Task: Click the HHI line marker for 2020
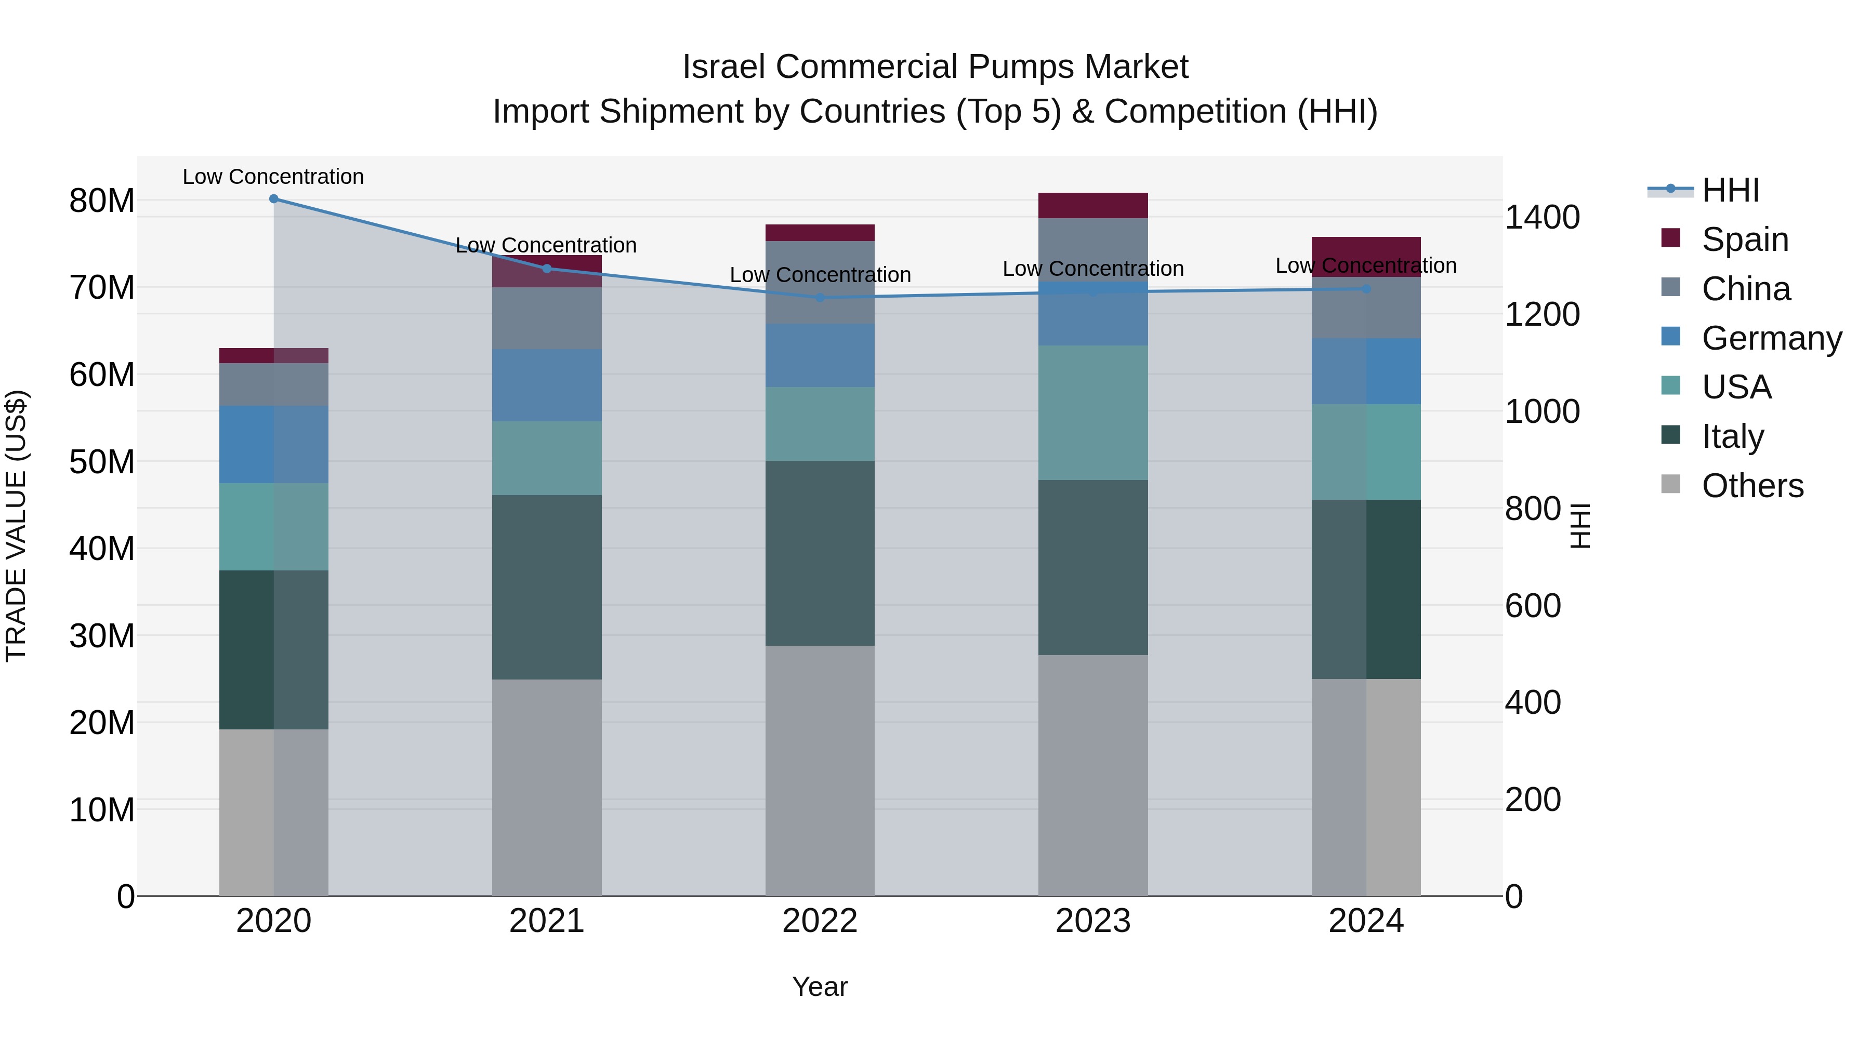click(x=274, y=199)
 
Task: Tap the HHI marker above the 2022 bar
click(x=820, y=298)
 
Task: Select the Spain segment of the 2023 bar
click(x=1092, y=205)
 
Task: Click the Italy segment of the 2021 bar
click(x=546, y=588)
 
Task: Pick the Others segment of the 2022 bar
click(x=820, y=770)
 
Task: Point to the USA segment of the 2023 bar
click(x=1092, y=412)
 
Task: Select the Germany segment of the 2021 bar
click(x=546, y=385)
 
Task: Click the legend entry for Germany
click(x=1770, y=338)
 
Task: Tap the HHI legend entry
click(x=1730, y=190)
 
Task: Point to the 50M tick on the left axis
click(x=102, y=462)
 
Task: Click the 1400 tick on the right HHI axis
click(x=1542, y=217)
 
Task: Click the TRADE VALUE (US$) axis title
click(x=16, y=526)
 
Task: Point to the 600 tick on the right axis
click(x=1533, y=606)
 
